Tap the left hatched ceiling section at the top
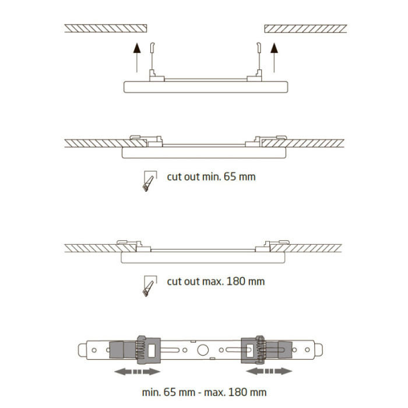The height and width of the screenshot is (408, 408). pos(105,28)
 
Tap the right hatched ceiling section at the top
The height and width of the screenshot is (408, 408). pos(305,28)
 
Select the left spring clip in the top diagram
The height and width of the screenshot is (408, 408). pos(153,58)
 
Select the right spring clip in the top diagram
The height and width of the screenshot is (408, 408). pos(257,58)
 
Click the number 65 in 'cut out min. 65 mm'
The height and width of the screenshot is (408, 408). pos(233,176)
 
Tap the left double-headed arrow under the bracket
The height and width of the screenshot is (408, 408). pos(136,371)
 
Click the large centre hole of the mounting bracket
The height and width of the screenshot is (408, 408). pos(204,350)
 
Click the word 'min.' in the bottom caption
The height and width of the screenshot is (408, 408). pos(152,392)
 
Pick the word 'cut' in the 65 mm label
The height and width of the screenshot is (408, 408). pos(173,176)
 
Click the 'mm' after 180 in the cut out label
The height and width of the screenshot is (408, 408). pos(256,282)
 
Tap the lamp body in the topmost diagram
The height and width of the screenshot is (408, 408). pos(206,86)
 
